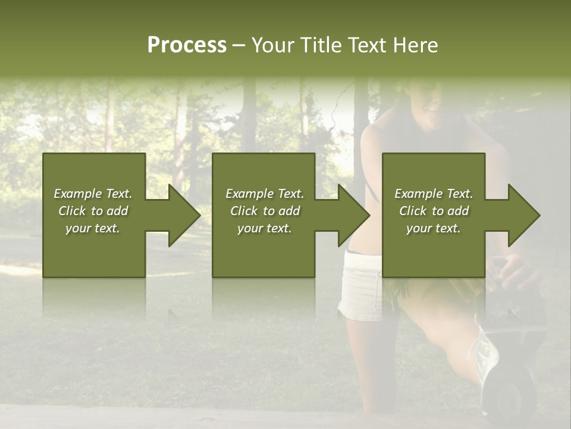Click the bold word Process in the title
point(187,45)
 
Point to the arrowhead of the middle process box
point(353,215)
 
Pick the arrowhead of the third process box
point(523,215)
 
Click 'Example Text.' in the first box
point(93,194)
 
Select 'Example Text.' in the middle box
point(264,194)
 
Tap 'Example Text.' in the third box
point(434,194)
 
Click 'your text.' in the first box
point(93,228)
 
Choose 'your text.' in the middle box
point(264,228)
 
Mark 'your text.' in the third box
point(434,228)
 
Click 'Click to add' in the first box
point(93,211)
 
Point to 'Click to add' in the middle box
point(264,211)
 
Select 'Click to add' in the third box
point(434,211)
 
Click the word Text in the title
point(367,45)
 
